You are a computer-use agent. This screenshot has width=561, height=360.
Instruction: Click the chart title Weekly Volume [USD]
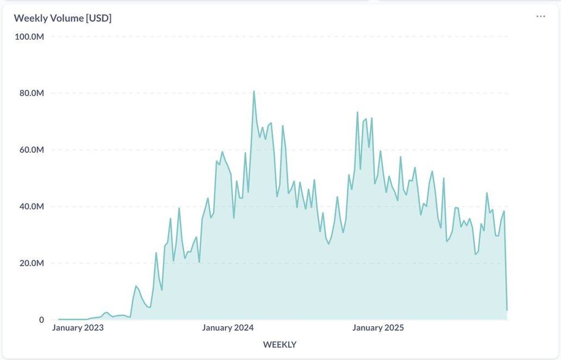click(x=63, y=18)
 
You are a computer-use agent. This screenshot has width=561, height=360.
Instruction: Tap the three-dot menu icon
click(x=540, y=16)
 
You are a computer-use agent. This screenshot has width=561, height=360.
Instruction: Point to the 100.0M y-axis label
click(x=29, y=36)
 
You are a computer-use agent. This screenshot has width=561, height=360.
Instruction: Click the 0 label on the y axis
click(x=41, y=320)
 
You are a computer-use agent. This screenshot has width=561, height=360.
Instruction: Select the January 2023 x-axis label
click(x=78, y=327)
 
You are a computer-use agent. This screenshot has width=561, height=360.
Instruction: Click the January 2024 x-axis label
click(x=228, y=327)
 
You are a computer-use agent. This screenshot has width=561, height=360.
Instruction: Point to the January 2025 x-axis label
click(x=378, y=327)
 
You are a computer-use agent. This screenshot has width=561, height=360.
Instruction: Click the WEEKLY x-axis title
click(x=279, y=344)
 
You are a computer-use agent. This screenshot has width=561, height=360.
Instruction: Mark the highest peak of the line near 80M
click(x=254, y=91)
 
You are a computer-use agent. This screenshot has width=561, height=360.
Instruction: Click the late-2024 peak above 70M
click(x=357, y=113)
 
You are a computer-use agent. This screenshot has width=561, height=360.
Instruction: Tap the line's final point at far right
click(x=507, y=310)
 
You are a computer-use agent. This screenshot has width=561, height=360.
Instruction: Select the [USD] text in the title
click(x=98, y=18)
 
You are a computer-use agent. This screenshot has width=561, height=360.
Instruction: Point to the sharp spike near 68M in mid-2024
click(x=283, y=126)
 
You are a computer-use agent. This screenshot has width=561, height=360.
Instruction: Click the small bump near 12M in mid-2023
click(x=136, y=286)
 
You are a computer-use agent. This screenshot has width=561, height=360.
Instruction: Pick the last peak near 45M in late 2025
click(x=487, y=193)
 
